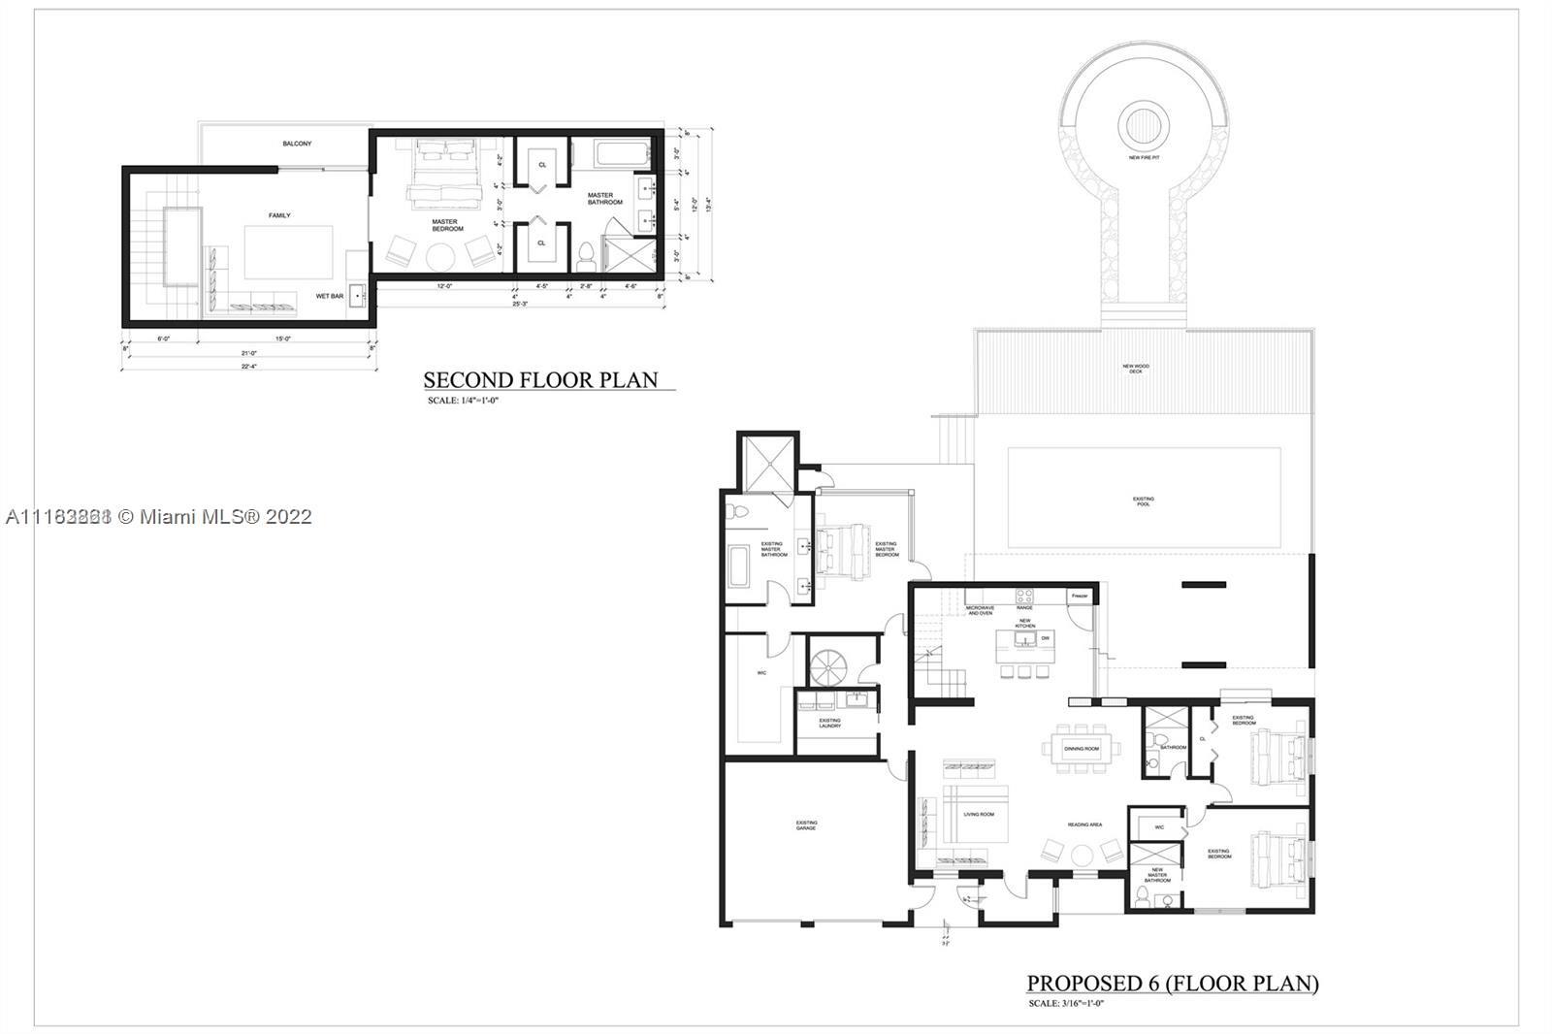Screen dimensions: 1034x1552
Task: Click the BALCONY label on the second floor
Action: coord(298,144)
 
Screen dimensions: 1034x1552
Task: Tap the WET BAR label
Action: coord(330,296)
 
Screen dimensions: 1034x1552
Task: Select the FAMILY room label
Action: coord(279,215)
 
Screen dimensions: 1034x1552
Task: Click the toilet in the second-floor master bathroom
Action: coord(585,258)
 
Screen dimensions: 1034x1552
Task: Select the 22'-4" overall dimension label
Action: coord(248,366)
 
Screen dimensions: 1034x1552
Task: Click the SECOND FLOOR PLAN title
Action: coord(540,379)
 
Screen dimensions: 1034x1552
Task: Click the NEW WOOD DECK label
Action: coord(1136,369)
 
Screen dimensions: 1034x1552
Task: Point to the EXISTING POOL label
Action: coord(1144,501)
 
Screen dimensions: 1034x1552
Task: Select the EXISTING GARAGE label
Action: coord(806,824)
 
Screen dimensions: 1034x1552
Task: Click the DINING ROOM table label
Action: coord(1082,748)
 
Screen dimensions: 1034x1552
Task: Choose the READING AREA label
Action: coord(1084,824)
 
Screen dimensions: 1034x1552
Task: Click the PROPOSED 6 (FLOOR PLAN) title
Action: coord(1173,983)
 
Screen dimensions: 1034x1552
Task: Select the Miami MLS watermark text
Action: coord(158,516)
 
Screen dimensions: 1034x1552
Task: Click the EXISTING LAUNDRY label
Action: coord(830,723)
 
